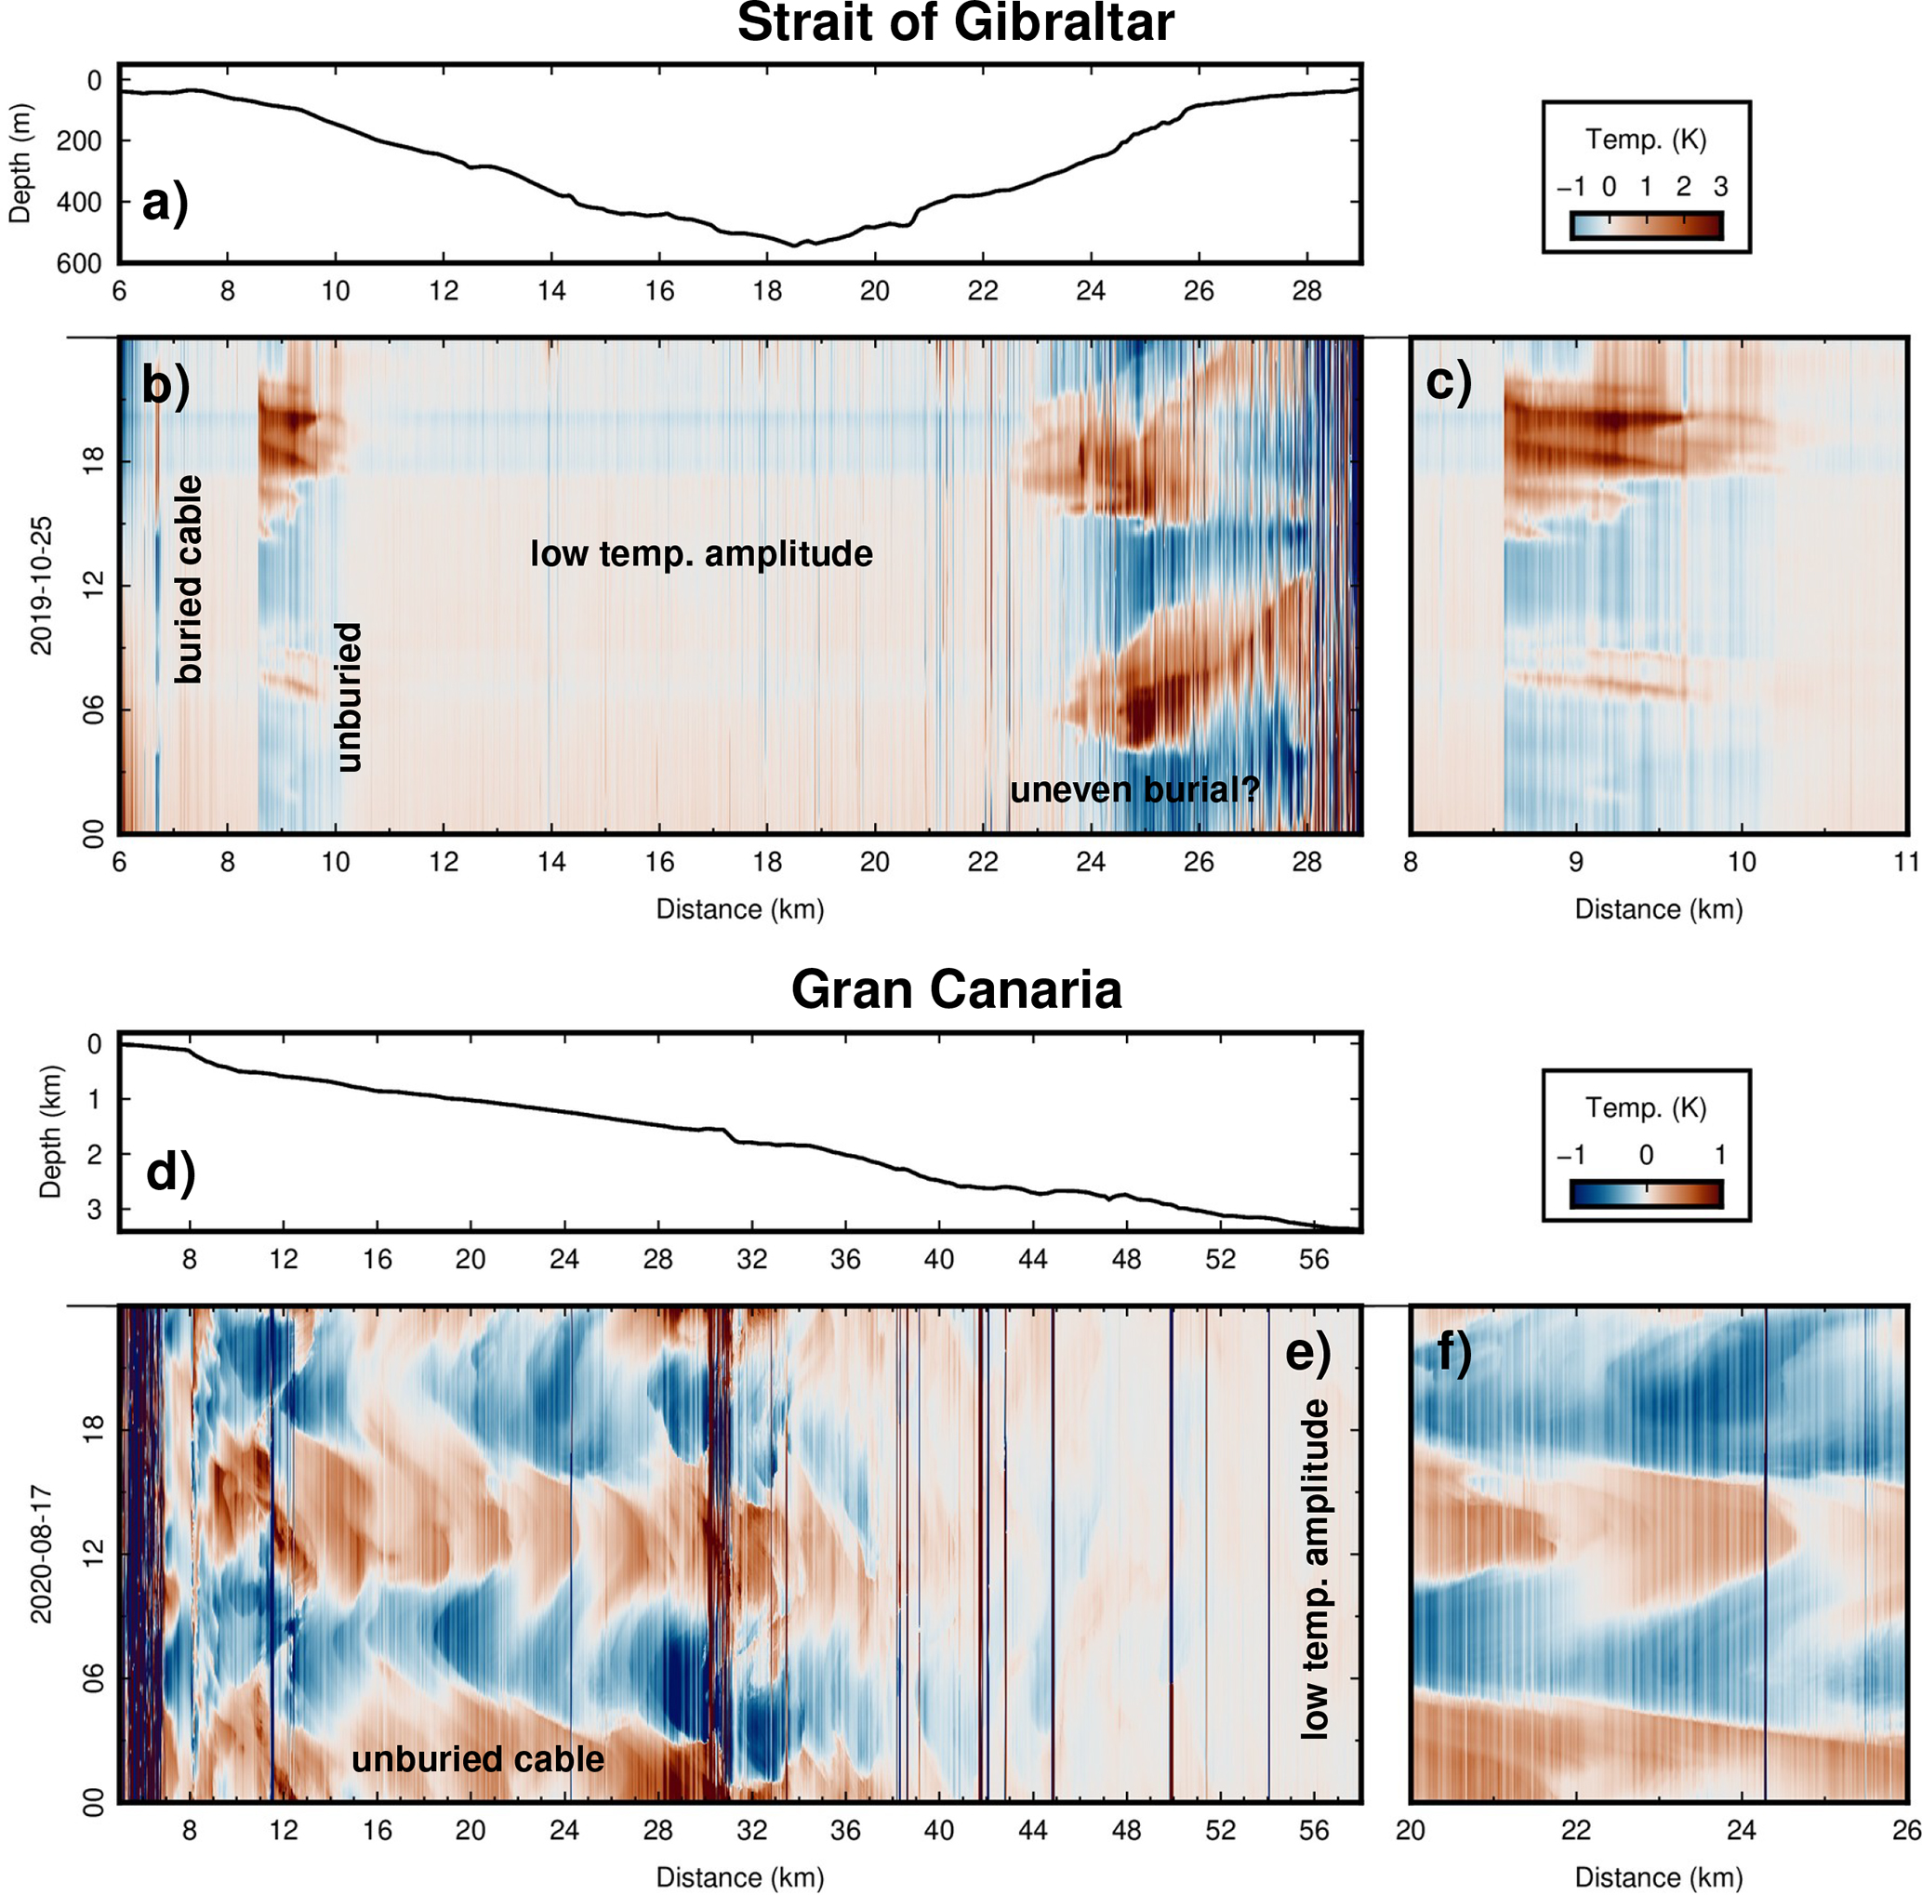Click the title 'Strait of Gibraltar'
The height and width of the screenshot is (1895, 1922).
(x=955, y=24)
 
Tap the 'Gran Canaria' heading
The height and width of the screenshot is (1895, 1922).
(x=955, y=989)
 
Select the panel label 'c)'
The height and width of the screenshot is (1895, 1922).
(x=1449, y=382)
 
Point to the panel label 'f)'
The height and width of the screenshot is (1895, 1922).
(x=1454, y=1354)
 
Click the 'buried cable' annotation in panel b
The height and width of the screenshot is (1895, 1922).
(x=188, y=579)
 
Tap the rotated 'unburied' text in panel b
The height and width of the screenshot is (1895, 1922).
(x=348, y=697)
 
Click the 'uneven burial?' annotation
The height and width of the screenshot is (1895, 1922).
(x=1135, y=789)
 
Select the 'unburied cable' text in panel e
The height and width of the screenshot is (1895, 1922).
(x=478, y=1758)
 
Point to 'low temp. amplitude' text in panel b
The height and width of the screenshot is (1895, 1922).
(x=701, y=553)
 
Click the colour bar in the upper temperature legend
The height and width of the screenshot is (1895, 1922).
(x=1646, y=225)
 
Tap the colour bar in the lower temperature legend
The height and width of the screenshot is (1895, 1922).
(x=1646, y=1193)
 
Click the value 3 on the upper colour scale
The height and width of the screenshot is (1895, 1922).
(x=1720, y=187)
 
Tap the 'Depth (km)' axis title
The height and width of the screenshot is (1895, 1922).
(x=48, y=1132)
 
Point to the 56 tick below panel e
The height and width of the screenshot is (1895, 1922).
(x=1313, y=1829)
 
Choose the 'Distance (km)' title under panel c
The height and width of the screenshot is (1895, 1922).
(x=1658, y=909)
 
